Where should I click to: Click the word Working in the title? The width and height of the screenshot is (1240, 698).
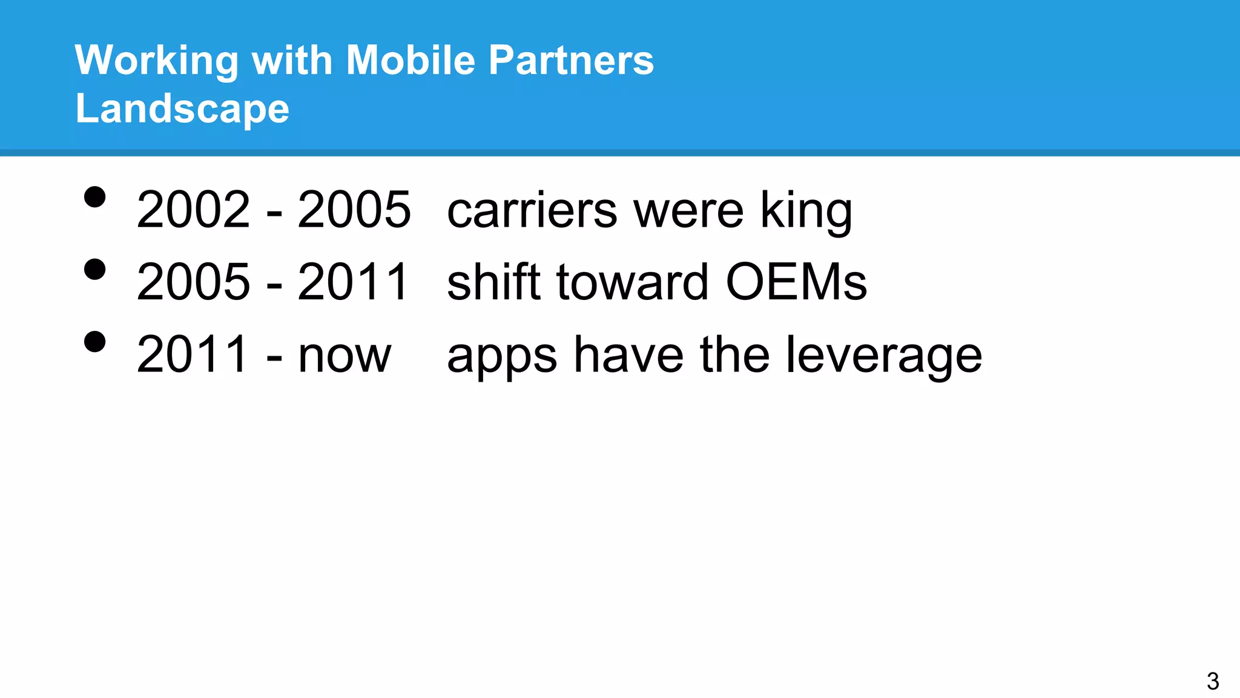coord(156,61)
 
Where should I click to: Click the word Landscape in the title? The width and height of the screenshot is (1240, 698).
coord(182,110)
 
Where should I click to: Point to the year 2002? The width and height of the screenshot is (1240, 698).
coord(193,210)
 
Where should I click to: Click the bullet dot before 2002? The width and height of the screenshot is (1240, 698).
coord(95,197)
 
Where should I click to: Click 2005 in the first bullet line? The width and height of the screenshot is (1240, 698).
coord(354,210)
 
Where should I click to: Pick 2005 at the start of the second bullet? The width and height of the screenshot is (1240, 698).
coord(193,282)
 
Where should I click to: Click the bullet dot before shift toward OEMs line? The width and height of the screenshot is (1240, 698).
coord(95,269)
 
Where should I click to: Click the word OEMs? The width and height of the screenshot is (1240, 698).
coord(796,282)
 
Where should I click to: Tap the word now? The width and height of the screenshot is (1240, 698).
coord(345,355)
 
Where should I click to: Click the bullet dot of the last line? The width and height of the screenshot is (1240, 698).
coord(95,342)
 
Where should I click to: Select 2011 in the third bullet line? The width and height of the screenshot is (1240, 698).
coord(192,354)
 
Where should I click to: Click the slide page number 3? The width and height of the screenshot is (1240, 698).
coord(1212,681)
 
